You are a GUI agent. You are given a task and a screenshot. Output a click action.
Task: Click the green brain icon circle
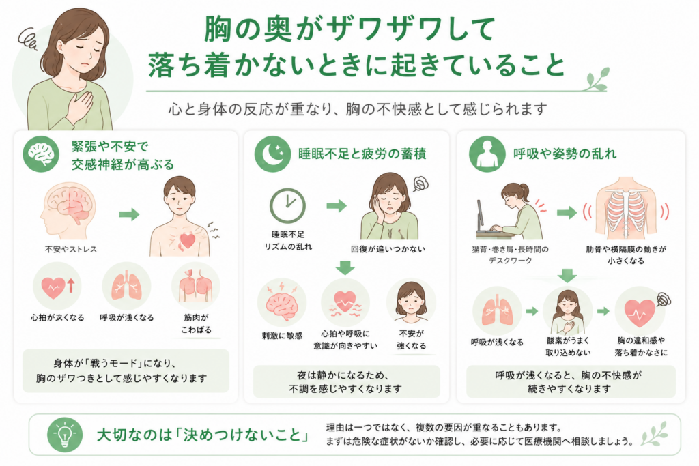[x=41, y=154]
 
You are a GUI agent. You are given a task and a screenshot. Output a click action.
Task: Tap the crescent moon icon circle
[x=272, y=154]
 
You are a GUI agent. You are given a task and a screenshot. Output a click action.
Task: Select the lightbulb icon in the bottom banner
[x=65, y=435]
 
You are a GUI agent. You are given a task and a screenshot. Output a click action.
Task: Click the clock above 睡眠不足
[x=287, y=206]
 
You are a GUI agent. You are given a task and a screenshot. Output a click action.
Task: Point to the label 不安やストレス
[x=71, y=249]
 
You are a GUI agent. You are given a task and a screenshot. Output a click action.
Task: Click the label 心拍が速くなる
[x=57, y=318]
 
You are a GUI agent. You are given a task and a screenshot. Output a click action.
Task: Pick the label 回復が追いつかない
[x=388, y=249]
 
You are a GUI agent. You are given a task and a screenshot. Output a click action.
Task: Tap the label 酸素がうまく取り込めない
[x=568, y=347]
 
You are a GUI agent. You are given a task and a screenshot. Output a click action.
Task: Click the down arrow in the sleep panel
[x=345, y=267]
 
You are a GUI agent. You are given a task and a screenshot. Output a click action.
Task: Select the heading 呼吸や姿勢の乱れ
[x=565, y=154]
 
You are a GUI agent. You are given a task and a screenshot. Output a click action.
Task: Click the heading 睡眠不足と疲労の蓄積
[x=362, y=154]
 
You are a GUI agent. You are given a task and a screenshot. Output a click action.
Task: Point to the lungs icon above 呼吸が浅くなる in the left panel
[x=126, y=286]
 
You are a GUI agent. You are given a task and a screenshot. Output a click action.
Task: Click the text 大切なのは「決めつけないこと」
[x=203, y=435]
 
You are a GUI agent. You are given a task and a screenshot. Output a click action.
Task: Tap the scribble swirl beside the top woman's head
[x=28, y=38]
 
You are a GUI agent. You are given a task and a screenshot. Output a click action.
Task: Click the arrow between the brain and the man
[x=129, y=215]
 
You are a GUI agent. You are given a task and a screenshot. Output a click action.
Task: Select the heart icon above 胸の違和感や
[x=640, y=311]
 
